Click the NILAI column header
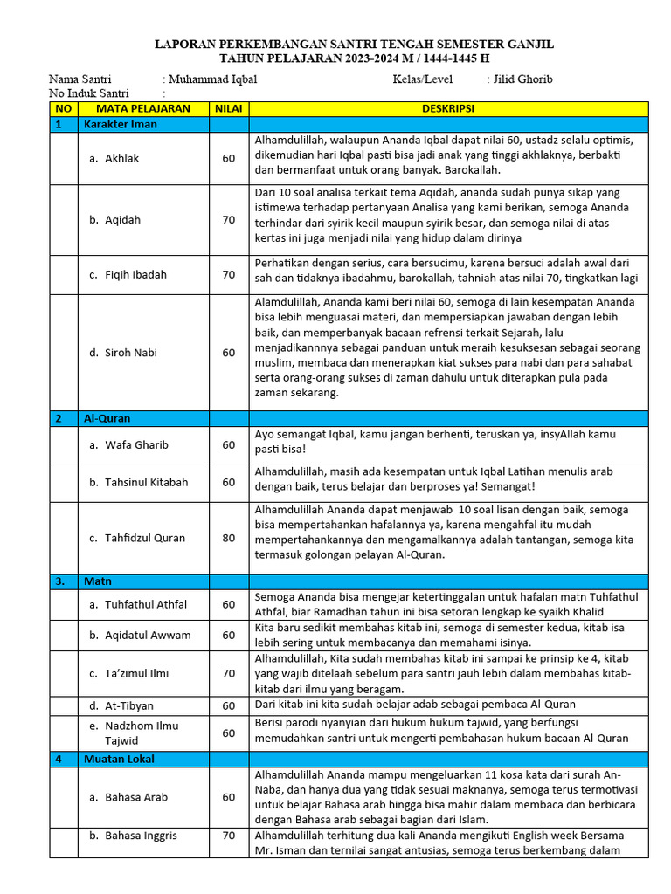tap(228, 108)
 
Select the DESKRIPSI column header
tap(449, 108)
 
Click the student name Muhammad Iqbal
tap(213, 79)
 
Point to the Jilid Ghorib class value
tap(522, 79)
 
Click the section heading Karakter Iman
tap(121, 125)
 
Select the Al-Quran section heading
tap(107, 418)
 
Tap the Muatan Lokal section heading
tap(118, 759)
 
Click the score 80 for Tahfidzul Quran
tap(228, 538)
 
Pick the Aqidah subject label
tap(123, 220)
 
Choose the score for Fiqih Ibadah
tap(228, 274)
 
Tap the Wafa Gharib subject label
tap(136, 444)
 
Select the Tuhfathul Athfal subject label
tap(145, 604)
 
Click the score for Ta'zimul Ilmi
tap(228, 673)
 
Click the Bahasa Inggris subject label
tap(141, 836)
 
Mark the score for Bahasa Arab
tap(228, 797)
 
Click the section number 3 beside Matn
tap(59, 581)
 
